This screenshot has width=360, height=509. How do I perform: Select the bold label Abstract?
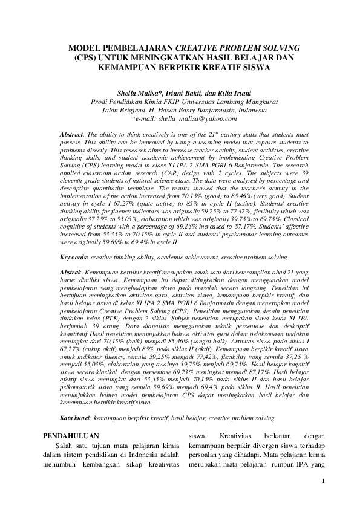pos(71,133)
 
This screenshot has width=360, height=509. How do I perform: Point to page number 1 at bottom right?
pos(324,481)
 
